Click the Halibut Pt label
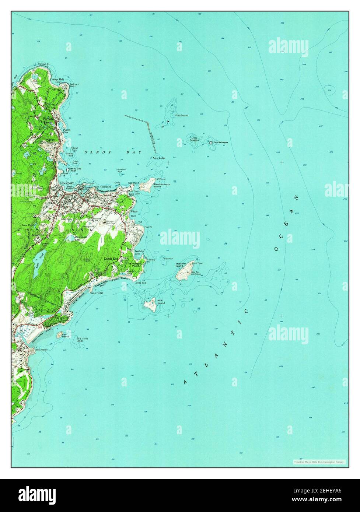tap(43, 64)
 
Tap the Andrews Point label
tap(74, 85)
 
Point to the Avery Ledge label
tap(159, 158)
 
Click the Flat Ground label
tap(182, 116)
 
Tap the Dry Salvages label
tap(221, 142)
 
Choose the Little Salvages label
tap(195, 139)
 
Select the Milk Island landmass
tap(150, 305)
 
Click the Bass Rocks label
tap(42, 350)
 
